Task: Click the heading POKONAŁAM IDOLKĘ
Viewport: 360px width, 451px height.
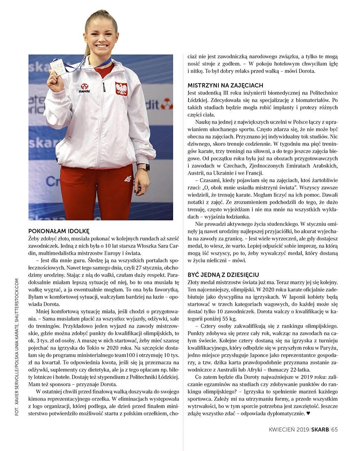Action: click(59, 231)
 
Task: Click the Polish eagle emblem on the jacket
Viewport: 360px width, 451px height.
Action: click(121, 88)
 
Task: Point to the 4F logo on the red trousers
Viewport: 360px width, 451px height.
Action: click(127, 179)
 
